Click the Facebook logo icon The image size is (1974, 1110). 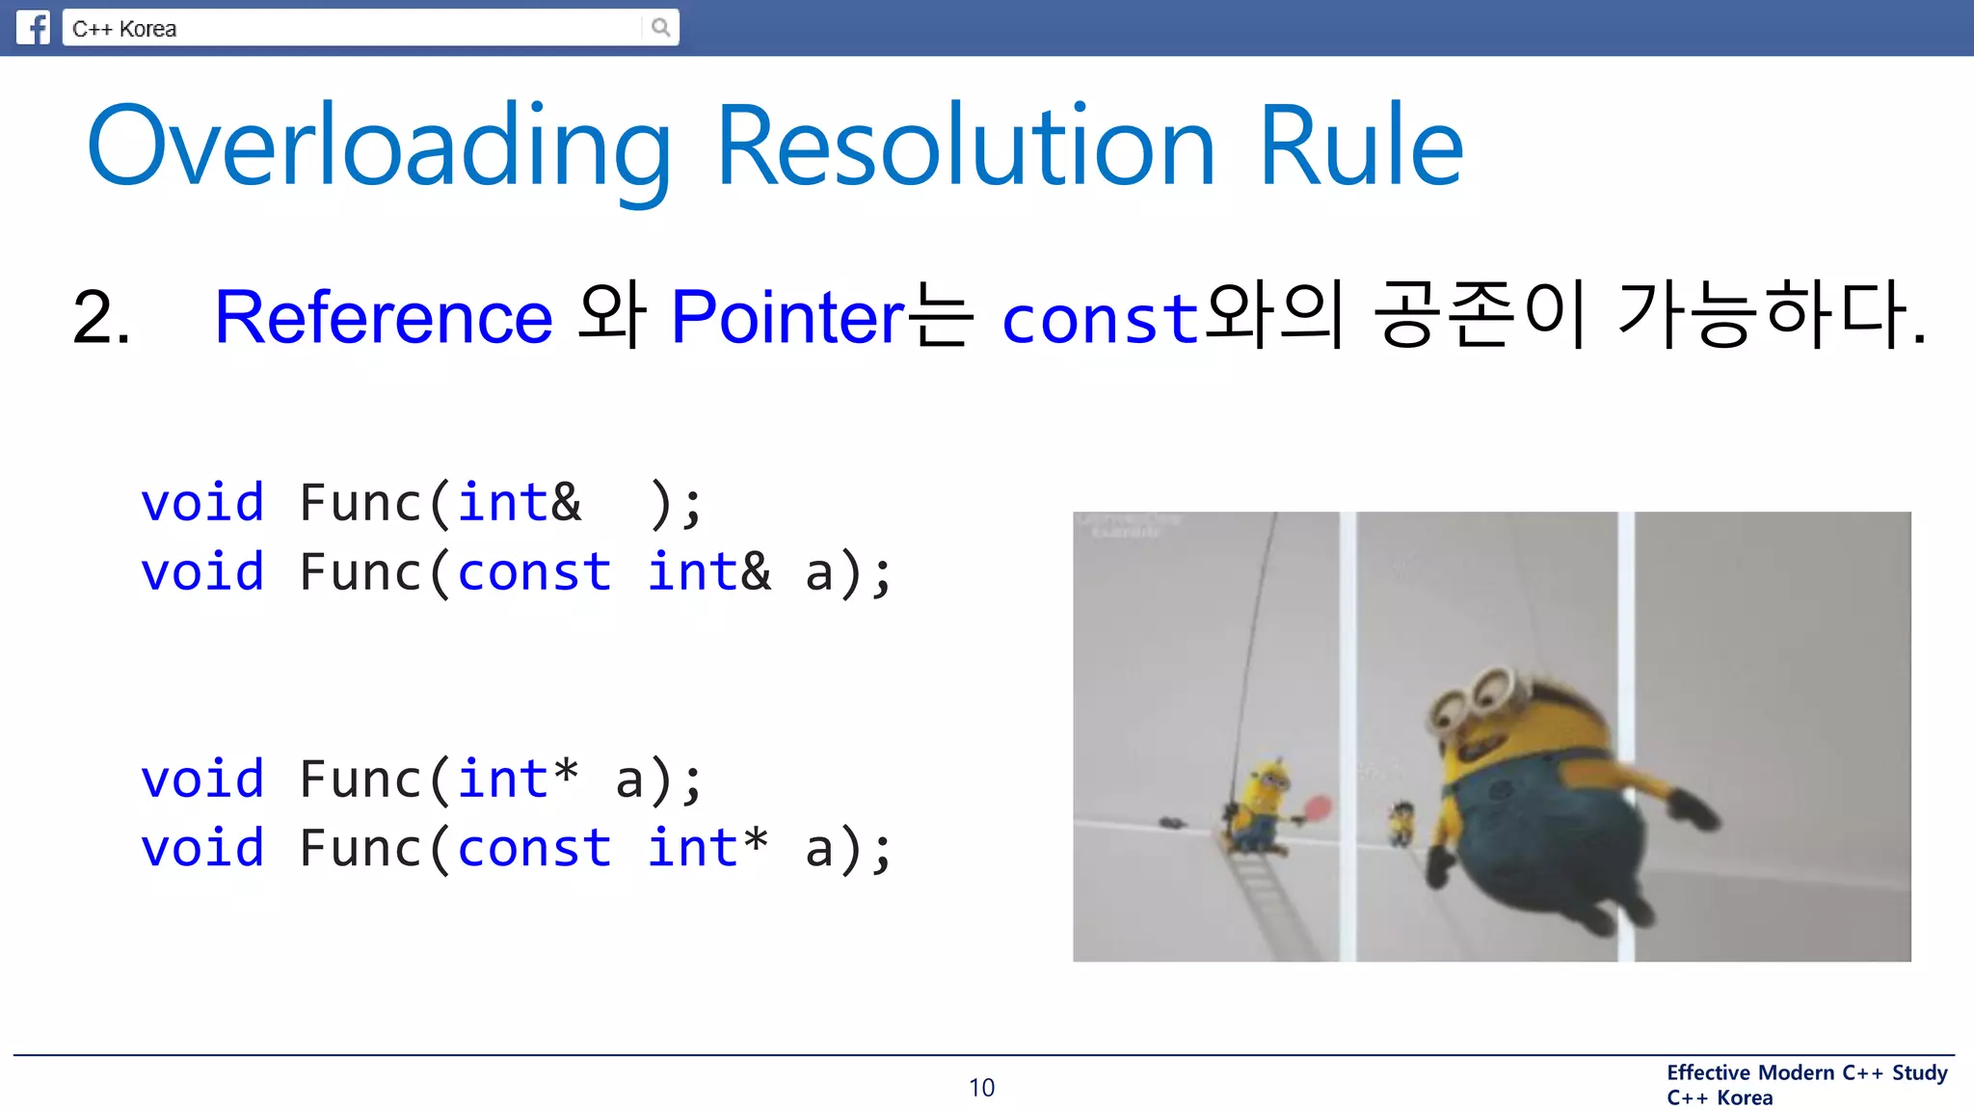click(33, 27)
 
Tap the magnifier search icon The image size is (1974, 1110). click(660, 27)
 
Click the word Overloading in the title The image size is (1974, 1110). click(379, 146)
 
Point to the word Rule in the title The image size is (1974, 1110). click(1361, 146)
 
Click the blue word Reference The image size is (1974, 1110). click(383, 317)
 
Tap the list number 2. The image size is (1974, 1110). click(101, 318)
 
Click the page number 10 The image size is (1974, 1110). click(981, 1088)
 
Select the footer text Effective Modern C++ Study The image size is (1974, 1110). click(1806, 1072)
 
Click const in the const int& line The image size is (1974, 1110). click(534, 572)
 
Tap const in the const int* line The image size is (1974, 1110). click(534, 849)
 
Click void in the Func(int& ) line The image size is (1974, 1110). click(202, 503)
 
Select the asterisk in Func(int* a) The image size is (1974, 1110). click(566, 774)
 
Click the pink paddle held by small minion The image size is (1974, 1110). click(1318, 806)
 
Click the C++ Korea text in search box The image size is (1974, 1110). click(124, 29)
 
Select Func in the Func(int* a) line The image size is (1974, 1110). click(360, 780)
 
